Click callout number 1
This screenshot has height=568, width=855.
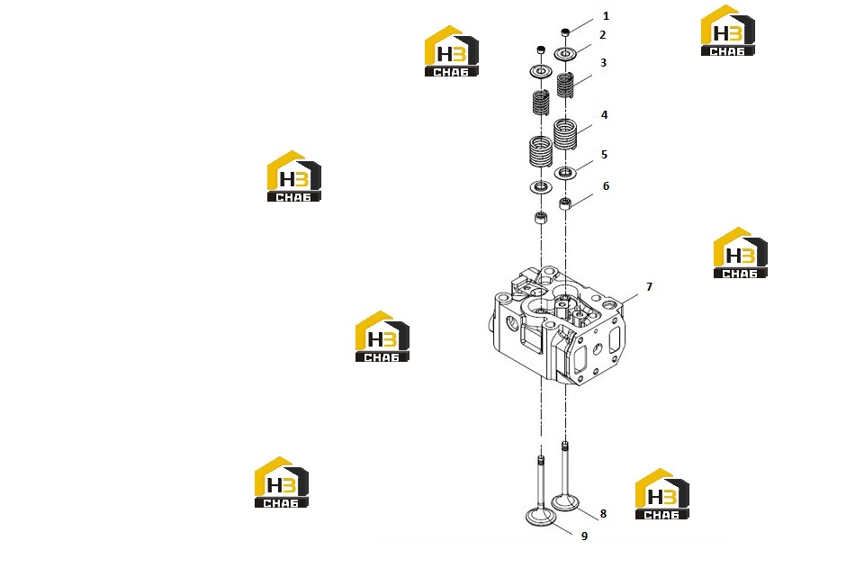click(x=606, y=16)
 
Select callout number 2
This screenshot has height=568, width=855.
click(x=602, y=35)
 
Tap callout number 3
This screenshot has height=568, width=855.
click(x=603, y=63)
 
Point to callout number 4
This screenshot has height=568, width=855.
click(x=604, y=115)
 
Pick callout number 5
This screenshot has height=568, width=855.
click(x=604, y=155)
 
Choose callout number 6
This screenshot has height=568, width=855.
click(x=606, y=186)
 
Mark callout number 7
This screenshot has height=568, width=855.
click(x=649, y=287)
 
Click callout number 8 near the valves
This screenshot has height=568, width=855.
click(x=603, y=514)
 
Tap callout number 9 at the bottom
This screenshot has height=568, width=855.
click(x=584, y=536)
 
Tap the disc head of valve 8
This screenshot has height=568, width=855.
click(x=565, y=502)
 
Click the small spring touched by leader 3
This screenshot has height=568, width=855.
click(x=565, y=86)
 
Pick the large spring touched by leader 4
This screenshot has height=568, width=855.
click(x=565, y=134)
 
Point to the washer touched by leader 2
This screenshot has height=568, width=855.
click(x=565, y=53)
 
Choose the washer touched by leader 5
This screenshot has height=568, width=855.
click(x=565, y=173)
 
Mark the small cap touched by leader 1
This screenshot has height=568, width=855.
click(x=565, y=32)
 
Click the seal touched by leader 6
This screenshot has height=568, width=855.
click(x=565, y=204)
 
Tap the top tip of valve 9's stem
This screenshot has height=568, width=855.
click(x=541, y=456)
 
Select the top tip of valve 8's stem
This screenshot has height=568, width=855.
click(x=565, y=443)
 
